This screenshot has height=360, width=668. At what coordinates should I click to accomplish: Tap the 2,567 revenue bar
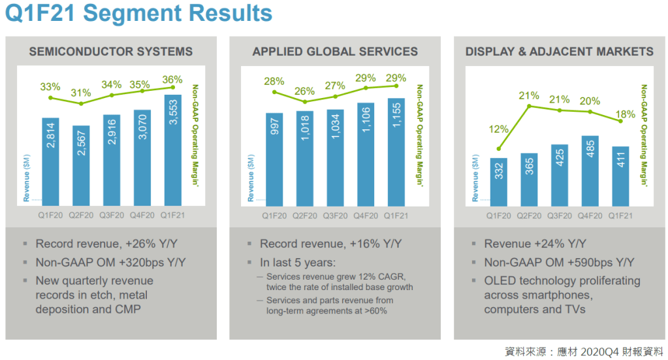pyautogui.click(x=81, y=164)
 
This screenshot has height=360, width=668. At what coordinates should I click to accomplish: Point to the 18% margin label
pyautogui.click(x=626, y=114)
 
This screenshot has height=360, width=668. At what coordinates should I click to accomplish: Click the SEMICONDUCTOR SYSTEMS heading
pyautogui.click(x=111, y=52)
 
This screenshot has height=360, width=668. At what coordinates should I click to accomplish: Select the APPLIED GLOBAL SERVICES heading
pyautogui.click(x=335, y=52)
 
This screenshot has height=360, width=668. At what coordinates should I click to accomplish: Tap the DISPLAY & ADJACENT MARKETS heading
pyautogui.click(x=559, y=52)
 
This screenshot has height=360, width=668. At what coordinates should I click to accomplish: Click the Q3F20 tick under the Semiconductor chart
pyautogui.click(x=112, y=214)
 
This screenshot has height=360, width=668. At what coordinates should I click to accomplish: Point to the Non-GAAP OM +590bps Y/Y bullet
pyautogui.click(x=559, y=263)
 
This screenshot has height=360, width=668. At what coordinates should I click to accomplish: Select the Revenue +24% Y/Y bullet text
pyautogui.click(x=535, y=244)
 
